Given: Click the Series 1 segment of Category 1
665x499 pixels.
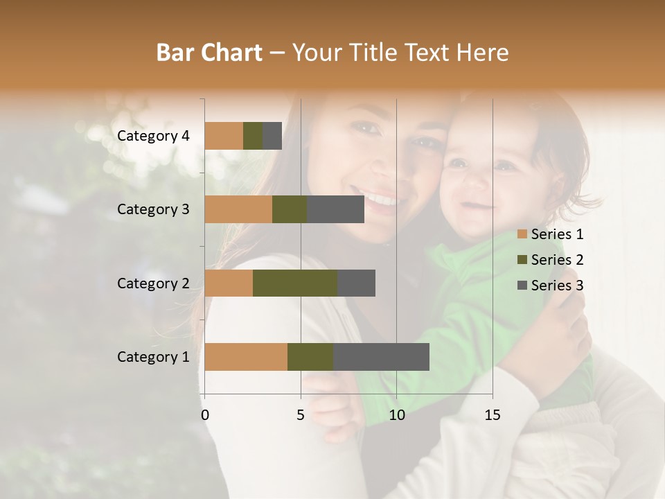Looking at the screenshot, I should coord(246,357).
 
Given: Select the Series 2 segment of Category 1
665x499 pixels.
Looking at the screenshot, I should coord(310,357).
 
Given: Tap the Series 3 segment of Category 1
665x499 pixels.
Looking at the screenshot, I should coord(381,357).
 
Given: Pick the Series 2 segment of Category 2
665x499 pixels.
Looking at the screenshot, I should coord(295,283).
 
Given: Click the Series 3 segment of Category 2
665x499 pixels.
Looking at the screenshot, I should coord(356,283).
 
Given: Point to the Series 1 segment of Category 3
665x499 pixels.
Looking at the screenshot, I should coord(238,209).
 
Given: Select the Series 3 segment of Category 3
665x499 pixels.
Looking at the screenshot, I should coord(335,209).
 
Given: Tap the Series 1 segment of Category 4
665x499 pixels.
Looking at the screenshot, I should coord(224,136).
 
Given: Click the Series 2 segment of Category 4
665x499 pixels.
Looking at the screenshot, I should coord(253,136).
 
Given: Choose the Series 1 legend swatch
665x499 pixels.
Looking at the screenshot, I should coord(522,234).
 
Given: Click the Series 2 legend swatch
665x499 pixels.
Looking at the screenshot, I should coord(522,260).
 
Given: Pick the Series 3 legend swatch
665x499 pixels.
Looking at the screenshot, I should coord(522,286).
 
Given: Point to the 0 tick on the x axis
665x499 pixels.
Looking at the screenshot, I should coord(205,415).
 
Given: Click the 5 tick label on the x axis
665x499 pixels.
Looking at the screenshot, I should coord(301,415).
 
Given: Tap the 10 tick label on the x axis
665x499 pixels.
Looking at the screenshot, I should coord(396,415).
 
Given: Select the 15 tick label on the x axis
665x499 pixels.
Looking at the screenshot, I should coord(493,415).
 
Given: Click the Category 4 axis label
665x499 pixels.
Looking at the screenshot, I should coord(153,136).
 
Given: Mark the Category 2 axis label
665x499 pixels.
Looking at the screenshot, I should coord(153,283).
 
